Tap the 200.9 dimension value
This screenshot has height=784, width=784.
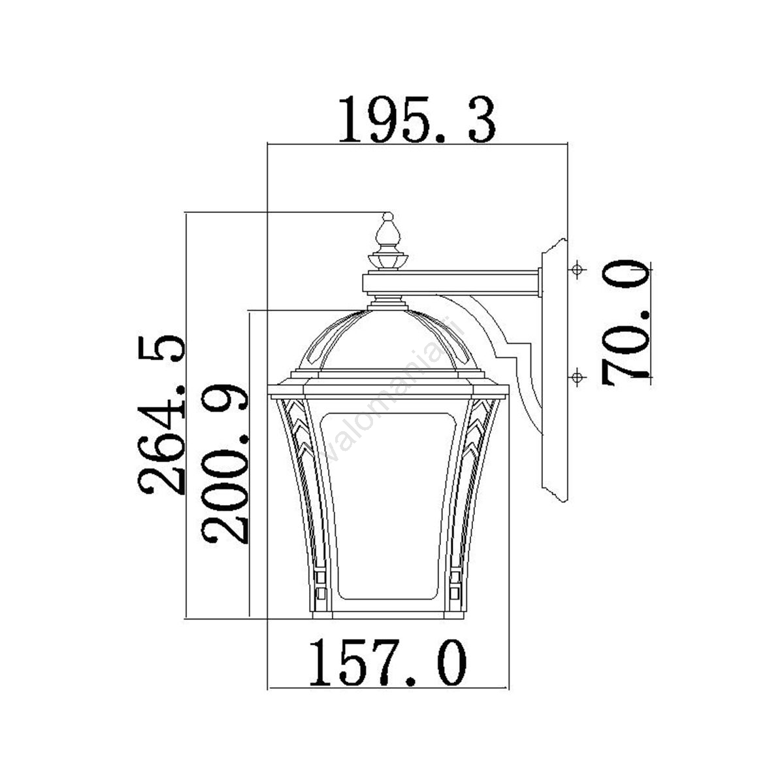point(225,464)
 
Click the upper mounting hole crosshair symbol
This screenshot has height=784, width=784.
point(576,269)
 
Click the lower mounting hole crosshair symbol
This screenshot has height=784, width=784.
point(576,377)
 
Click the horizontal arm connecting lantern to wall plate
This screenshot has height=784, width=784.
point(452,283)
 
